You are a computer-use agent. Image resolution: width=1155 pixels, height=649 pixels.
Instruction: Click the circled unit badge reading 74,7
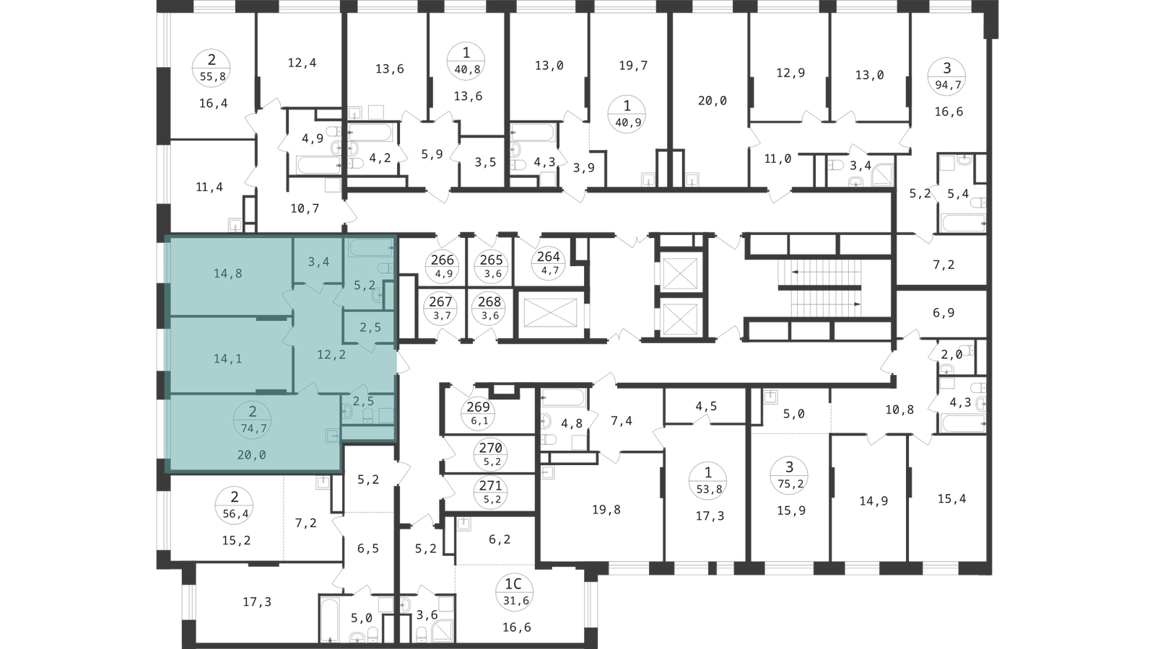[x=253, y=420]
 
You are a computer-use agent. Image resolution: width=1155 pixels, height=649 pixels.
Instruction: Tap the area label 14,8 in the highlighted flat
[x=228, y=273]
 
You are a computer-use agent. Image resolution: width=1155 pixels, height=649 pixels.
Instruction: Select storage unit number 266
[x=443, y=266]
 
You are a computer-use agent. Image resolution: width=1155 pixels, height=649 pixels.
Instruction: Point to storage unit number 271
[x=490, y=492]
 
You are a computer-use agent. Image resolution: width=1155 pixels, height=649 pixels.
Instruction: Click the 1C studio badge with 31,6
[x=513, y=592]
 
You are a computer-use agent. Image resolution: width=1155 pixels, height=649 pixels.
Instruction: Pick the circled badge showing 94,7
[x=947, y=76]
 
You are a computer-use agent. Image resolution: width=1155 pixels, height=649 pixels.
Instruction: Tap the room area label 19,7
[x=633, y=66]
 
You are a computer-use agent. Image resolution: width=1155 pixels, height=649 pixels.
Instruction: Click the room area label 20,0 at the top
[x=712, y=100]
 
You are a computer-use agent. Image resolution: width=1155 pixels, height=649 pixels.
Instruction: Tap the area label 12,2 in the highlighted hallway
[x=331, y=355]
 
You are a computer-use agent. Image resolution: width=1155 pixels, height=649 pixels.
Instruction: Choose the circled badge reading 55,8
[x=211, y=68]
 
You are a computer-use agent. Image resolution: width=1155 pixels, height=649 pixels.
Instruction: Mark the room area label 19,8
[x=606, y=510]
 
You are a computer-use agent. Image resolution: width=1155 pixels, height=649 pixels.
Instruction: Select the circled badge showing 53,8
[x=708, y=480]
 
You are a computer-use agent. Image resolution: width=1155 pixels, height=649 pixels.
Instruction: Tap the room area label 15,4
[x=952, y=498]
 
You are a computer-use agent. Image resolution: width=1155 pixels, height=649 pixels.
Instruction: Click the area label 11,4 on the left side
[x=209, y=187]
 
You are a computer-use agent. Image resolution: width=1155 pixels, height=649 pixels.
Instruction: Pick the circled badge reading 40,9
[x=627, y=115]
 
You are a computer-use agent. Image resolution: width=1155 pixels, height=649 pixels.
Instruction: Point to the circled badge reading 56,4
[x=235, y=505]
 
